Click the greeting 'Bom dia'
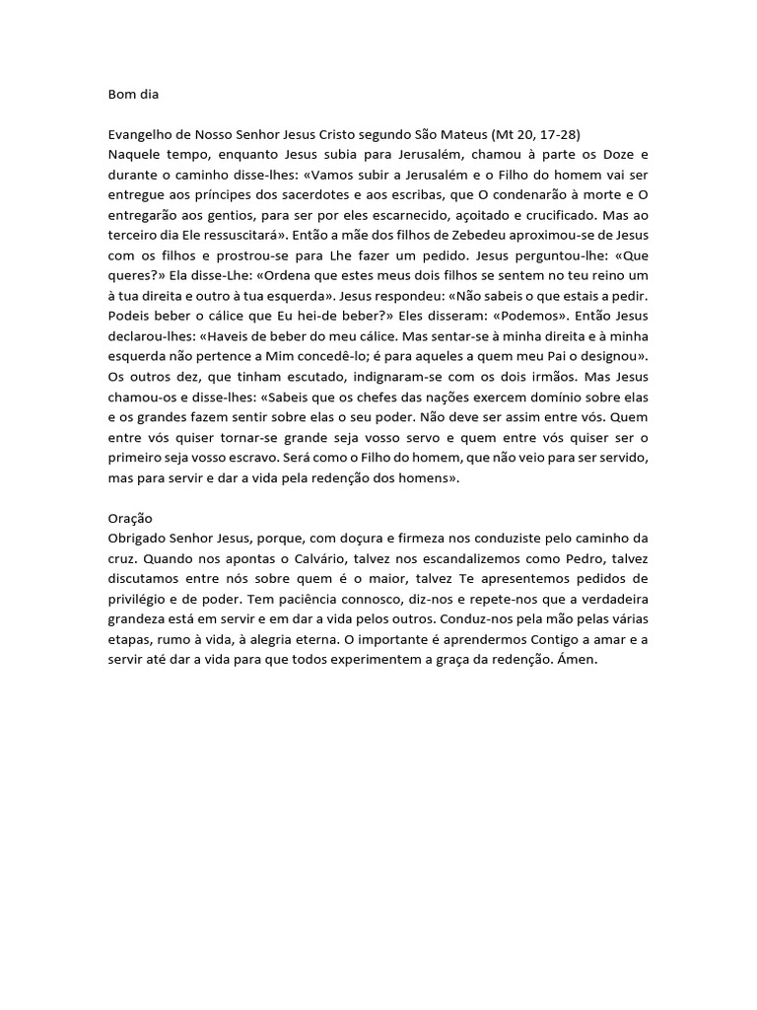click(133, 96)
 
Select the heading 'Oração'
click(130, 518)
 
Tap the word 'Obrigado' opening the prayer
click(139, 538)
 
